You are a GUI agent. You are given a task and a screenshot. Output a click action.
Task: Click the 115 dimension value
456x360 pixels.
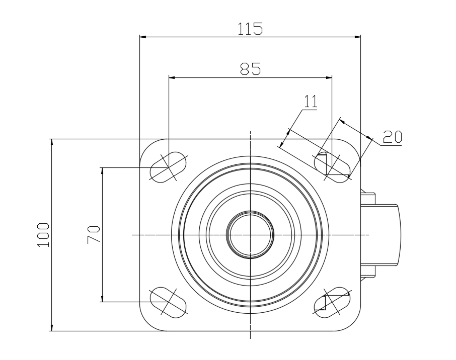point(250,29)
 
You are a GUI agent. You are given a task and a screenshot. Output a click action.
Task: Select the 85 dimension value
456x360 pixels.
point(250,69)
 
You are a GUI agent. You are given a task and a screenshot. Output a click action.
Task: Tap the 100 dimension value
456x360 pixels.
point(43,235)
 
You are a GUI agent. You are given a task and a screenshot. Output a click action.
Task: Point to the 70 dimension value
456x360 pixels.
point(94,234)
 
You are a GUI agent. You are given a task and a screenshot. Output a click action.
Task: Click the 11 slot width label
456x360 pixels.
point(311,102)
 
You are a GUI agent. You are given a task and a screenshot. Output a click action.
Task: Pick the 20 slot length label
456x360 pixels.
point(392,137)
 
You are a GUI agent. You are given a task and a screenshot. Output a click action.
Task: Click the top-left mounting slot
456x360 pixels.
point(168,167)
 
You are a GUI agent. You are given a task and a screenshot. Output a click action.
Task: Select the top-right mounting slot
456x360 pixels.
point(332,167)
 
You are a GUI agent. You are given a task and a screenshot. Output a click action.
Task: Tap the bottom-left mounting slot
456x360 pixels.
point(168,303)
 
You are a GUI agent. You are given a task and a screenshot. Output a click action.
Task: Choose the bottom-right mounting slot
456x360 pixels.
point(332,303)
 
